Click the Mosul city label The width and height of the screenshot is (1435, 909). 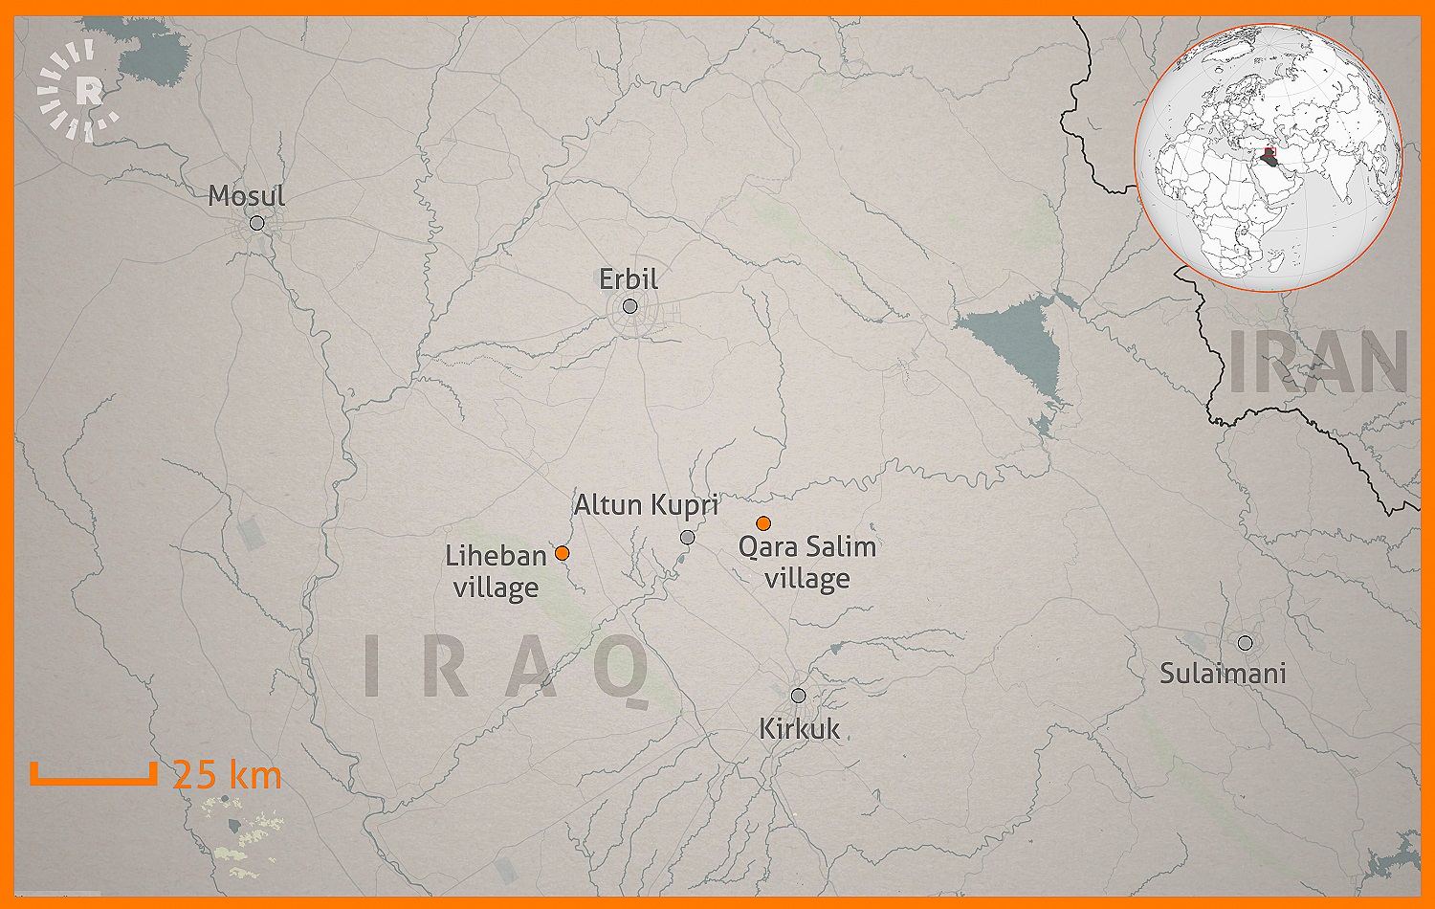247,196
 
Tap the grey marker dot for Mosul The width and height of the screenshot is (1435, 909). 256,223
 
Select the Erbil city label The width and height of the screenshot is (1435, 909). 629,279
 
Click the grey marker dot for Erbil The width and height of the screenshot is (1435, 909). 629,306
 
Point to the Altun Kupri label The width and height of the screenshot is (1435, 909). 646,505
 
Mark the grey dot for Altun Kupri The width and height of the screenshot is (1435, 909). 687,538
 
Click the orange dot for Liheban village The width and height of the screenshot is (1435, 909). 563,553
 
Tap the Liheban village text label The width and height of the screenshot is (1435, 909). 496,571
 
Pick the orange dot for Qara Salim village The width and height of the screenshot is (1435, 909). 763,523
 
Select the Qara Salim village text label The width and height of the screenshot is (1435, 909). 807,563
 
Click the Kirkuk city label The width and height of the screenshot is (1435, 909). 799,729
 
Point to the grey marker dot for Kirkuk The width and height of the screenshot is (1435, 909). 798,696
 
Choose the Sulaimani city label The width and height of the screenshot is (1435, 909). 1223,674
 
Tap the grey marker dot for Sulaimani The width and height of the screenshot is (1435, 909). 1245,643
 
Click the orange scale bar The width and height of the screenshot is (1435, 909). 93,775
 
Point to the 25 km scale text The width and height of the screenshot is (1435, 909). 228,775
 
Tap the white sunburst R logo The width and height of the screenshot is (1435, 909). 80,92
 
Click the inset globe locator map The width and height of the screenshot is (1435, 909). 1269,158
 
